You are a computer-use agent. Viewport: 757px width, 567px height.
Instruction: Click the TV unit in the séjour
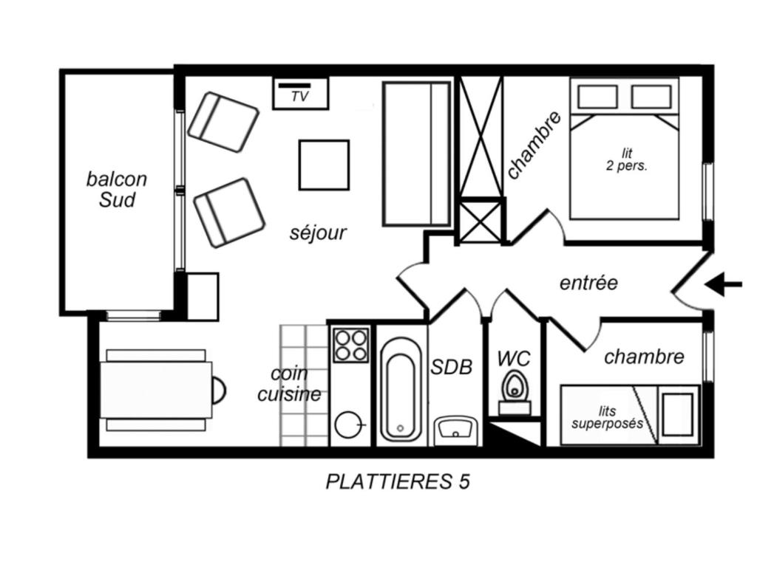[x=300, y=93]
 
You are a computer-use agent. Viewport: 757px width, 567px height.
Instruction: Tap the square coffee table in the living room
[x=324, y=165]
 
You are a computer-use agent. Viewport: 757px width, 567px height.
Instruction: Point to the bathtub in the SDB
[x=400, y=390]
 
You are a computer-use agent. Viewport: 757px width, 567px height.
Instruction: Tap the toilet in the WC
[x=515, y=391]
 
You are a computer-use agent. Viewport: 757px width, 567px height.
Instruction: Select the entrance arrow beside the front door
[x=723, y=284]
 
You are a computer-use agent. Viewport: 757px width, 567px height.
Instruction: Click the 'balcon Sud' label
[x=116, y=190]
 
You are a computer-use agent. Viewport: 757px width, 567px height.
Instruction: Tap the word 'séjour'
[x=318, y=233]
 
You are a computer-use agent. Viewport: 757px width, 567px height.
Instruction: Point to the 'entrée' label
[x=588, y=283]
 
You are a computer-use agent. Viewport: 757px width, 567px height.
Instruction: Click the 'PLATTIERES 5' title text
[x=398, y=481]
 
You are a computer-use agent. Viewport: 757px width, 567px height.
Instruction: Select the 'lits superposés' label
[x=608, y=418]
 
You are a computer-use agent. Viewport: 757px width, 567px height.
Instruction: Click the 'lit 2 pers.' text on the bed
[x=627, y=160]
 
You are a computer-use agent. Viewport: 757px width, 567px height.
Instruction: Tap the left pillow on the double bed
[x=597, y=97]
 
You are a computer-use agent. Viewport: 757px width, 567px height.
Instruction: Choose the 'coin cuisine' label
[x=289, y=384]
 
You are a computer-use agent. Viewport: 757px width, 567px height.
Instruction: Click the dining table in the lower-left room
[x=156, y=390]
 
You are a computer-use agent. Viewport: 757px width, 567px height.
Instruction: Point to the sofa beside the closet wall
[x=417, y=154]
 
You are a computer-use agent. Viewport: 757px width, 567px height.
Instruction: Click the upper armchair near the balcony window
[x=223, y=122]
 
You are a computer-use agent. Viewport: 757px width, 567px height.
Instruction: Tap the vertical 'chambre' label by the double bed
[x=534, y=145]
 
